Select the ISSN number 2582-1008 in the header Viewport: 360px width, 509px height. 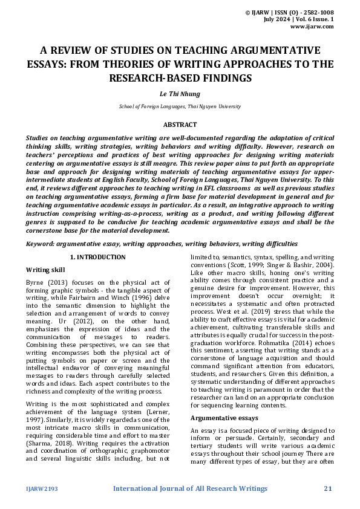click(318, 12)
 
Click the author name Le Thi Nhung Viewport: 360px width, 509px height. click(179, 94)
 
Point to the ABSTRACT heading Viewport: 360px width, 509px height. click(180, 125)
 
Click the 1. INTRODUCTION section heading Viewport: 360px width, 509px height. click(98, 257)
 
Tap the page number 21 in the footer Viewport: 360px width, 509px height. click(329, 488)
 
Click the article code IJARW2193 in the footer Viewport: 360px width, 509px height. click(42, 488)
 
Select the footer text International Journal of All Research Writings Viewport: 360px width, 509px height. click(190, 488)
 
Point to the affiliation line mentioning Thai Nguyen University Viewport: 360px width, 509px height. click(180, 106)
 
